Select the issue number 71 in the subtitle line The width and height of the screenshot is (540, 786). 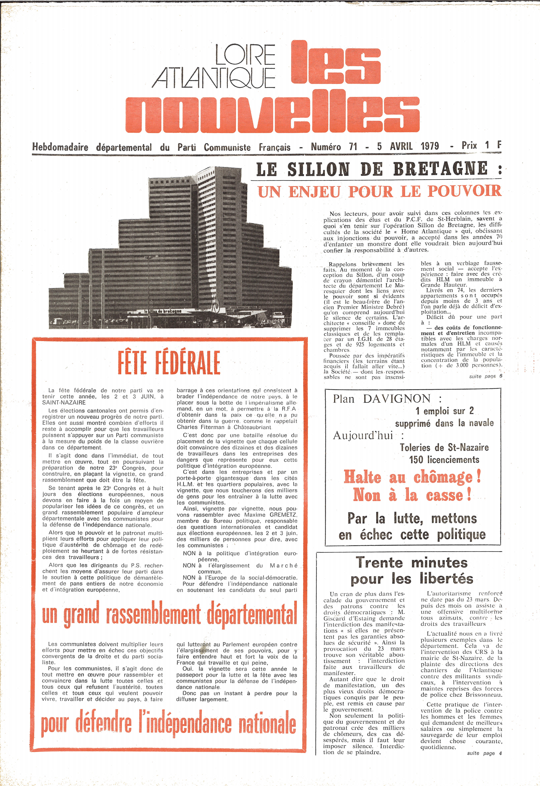353,147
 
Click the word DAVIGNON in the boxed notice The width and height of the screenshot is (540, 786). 396,399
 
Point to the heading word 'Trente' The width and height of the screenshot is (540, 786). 379,563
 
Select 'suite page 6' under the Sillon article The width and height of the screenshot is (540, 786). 485,376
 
